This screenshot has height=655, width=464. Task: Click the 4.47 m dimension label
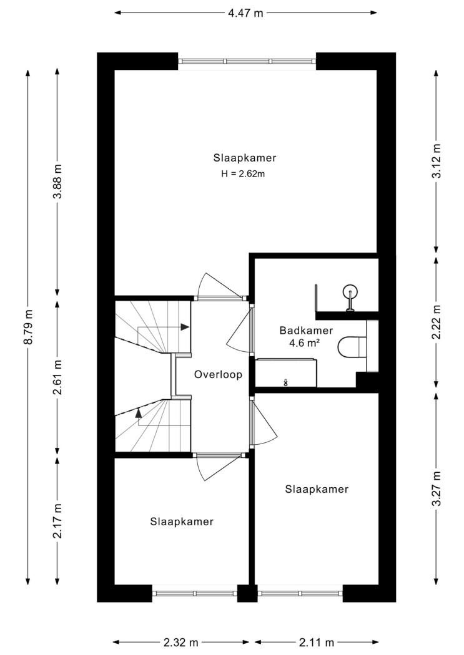[245, 13]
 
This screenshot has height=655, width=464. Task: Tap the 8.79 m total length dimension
[29, 327]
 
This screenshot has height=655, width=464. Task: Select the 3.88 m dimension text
[57, 182]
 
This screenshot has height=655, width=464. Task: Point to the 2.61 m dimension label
[57, 377]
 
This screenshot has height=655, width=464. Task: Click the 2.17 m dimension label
[57, 521]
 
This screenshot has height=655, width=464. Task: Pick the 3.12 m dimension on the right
[437, 161]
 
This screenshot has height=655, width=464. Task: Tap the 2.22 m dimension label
[437, 322]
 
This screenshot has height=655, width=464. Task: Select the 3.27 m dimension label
[437, 488]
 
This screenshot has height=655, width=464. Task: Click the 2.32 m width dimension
[180, 642]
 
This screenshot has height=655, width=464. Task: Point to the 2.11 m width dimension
[317, 642]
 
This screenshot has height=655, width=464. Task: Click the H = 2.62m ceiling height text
[243, 174]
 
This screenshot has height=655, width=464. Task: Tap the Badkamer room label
[306, 331]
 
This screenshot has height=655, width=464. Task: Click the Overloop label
[218, 375]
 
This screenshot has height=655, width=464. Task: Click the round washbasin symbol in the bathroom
[350, 291]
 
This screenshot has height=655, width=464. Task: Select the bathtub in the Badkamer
[286, 372]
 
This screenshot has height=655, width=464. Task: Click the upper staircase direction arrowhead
[185, 327]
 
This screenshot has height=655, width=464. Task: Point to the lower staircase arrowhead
[137, 413]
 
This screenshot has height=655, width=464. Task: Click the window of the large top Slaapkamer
[247, 61]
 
